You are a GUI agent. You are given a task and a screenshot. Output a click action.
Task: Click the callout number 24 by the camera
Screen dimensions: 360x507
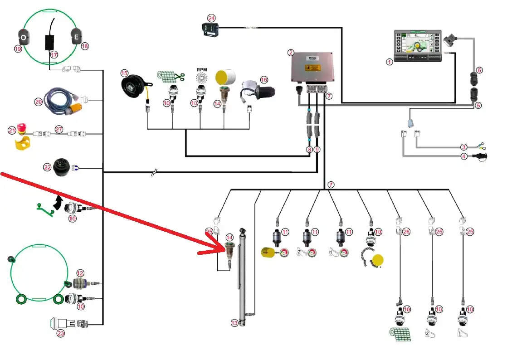click(211, 18)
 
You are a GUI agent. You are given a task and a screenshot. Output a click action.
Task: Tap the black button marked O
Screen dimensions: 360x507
click(23, 36)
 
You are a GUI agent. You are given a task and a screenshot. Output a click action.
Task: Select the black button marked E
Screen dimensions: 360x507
click(76, 36)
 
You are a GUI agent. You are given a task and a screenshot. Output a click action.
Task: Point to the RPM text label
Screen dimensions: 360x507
click(201, 70)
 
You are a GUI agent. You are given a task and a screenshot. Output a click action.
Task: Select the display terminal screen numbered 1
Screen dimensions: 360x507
click(418, 46)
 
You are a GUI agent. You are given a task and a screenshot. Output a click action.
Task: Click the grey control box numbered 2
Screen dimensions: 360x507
click(313, 67)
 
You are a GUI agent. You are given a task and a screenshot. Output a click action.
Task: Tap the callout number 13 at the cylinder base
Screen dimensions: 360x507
click(234, 323)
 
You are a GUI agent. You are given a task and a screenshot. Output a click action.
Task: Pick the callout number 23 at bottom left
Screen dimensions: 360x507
click(61, 333)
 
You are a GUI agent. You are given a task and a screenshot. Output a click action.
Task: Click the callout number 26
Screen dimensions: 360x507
click(406, 232)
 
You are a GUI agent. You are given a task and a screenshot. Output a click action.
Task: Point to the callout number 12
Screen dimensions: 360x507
click(80, 273)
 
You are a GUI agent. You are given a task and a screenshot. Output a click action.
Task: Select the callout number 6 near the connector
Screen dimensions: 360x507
click(479, 70)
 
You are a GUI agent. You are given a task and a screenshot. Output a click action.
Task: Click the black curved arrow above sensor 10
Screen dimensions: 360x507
click(58, 202)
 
